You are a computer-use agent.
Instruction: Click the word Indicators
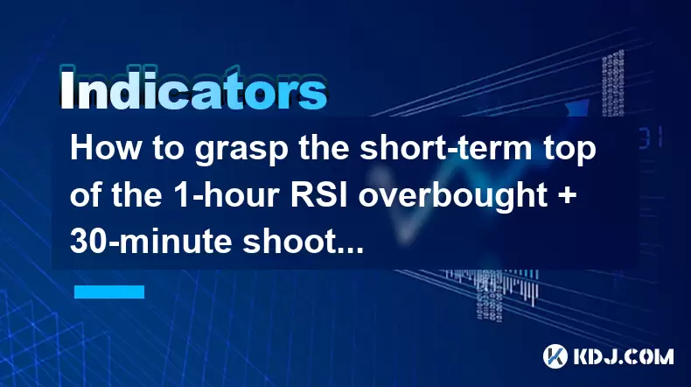tap(193, 91)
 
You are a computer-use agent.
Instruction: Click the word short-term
tap(445, 148)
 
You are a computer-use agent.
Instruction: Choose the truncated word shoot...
tap(304, 241)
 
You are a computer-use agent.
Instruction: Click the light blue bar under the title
tap(109, 292)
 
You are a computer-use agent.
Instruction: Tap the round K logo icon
tap(555, 356)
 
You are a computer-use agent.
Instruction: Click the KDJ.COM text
tap(623, 356)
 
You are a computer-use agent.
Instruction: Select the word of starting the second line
tap(87, 194)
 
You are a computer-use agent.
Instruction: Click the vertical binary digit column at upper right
tap(613, 84)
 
